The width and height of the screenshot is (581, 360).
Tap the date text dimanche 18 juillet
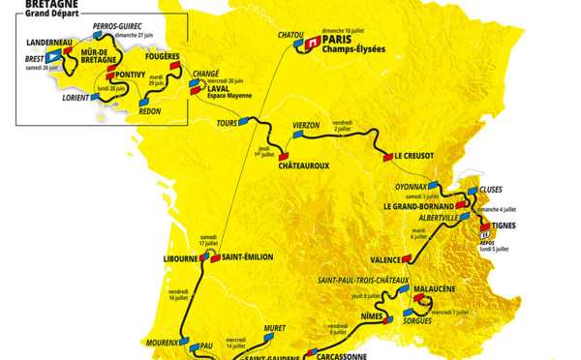[x=325, y=30]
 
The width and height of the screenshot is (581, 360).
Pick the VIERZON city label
[x=313, y=126]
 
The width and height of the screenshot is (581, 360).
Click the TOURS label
[x=229, y=124]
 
